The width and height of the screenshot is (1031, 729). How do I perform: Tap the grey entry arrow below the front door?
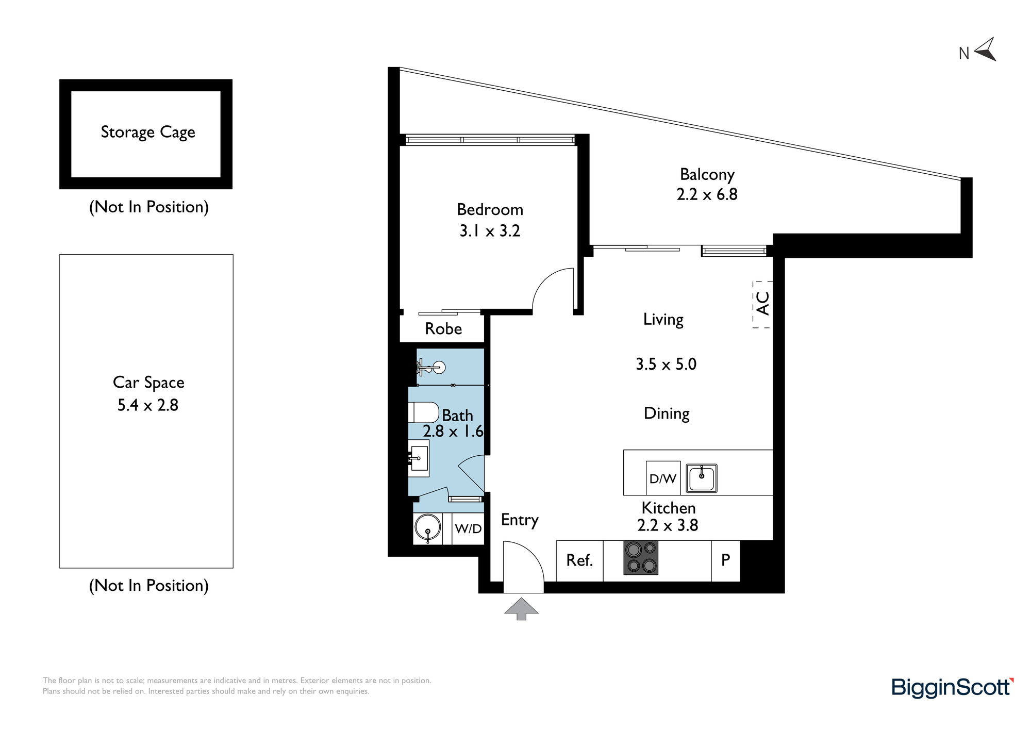[x=521, y=608]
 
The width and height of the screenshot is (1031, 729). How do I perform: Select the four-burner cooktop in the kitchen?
[x=641, y=558]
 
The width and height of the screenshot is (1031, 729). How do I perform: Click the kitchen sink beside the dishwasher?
[x=702, y=478]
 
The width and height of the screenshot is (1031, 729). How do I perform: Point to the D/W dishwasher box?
[x=663, y=478]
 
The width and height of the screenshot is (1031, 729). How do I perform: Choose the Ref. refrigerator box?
[x=580, y=561]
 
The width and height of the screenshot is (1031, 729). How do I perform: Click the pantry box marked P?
[x=726, y=561]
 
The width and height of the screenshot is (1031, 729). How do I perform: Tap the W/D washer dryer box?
[x=468, y=528]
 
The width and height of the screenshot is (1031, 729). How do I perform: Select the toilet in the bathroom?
[x=423, y=412]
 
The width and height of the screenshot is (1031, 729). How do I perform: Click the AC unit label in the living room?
[x=763, y=304]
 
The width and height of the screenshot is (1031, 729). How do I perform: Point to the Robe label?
[x=443, y=329]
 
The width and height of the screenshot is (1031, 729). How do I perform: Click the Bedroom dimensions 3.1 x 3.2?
[x=490, y=230]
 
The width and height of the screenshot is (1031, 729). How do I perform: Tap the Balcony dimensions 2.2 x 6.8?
[x=707, y=194]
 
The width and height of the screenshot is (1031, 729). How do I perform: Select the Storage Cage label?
[x=148, y=132]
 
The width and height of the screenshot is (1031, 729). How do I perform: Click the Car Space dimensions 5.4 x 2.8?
[x=148, y=405]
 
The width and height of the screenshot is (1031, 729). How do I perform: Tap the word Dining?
[x=667, y=414]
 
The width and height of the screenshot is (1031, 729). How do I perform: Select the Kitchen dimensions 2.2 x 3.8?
[x=668, y=525]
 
